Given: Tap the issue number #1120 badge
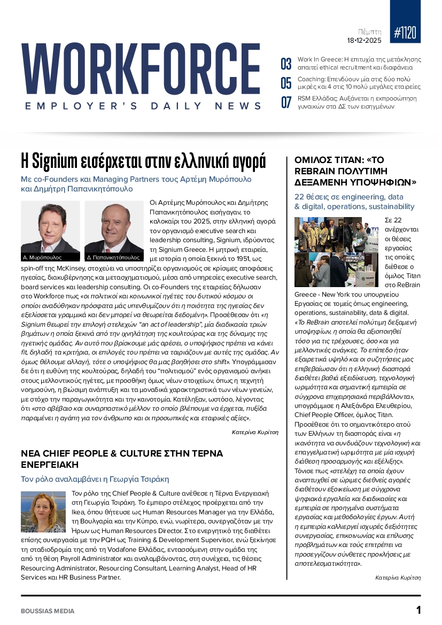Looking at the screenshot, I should pos(406,33).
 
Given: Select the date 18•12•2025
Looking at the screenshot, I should pos(364,41).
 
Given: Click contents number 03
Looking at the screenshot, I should pos(286,64).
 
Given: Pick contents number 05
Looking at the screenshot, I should pos(286,83).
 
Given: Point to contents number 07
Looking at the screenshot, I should pos(286,102).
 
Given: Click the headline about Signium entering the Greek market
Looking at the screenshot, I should pos(143,160).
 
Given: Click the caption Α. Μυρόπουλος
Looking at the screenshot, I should pos(41,257).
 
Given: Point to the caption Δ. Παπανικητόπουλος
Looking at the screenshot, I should pos(109,257).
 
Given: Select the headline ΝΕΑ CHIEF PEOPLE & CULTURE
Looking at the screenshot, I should pos(122,459).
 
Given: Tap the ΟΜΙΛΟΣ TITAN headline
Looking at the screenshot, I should pos(355,171).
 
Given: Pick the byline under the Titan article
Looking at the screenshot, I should pos(398,577).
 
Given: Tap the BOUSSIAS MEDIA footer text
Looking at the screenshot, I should pos(48,611).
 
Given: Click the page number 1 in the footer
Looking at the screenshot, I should pos(418,610).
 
